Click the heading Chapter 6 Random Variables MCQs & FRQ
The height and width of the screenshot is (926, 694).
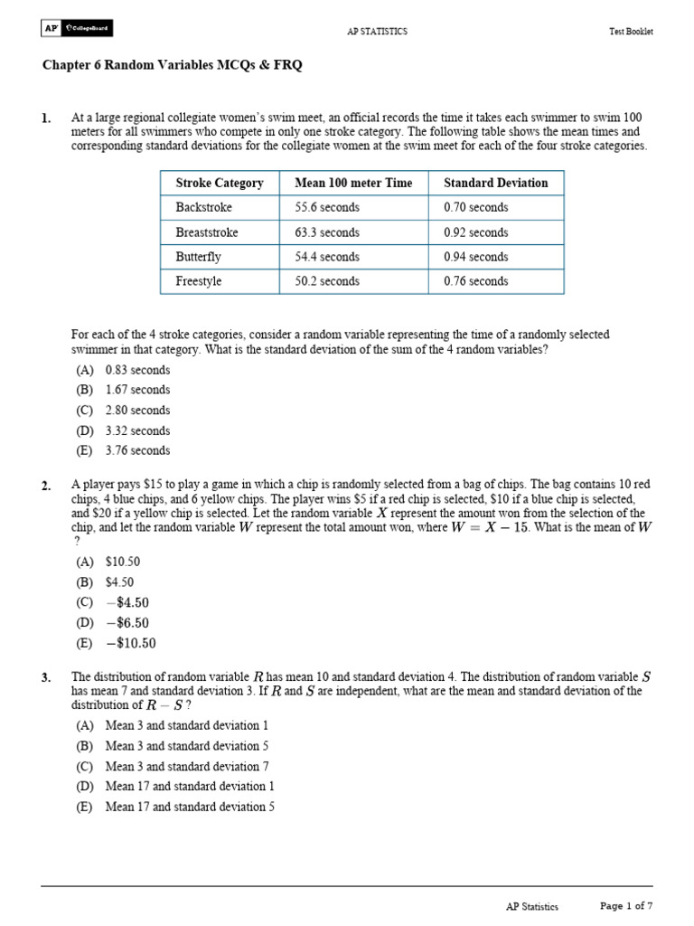pyautogui.click(x=173, y=65)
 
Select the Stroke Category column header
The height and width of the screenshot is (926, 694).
pyautogui.click(x=220, y=183)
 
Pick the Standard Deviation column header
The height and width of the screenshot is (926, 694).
pyautogui.click(x=495, y=183)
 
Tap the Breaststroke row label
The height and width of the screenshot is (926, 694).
pyautogui.click(x=207, y=232)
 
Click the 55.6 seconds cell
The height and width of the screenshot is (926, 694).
pyautogui.click(x=326, y=207)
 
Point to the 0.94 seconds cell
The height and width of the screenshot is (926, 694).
pyautogui.click(x=476, y=257)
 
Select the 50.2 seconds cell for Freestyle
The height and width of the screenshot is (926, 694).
pyautogui.click(x=326, y=281)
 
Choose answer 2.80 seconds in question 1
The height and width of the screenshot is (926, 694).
pyautogui.click(x=137, y=411)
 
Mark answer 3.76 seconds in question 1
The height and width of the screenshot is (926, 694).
pyautogui.click(x=137, y=450)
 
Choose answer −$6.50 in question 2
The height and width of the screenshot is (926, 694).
pyautogui.click(x=127, y=623)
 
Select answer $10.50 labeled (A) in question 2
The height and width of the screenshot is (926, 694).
pyautogui.click(x=123, y=562)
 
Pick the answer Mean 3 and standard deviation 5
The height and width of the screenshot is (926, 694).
pyautogui.click(x=187, y=746)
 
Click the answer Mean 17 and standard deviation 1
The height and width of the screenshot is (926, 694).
pyautogui.click(x=190, y=787)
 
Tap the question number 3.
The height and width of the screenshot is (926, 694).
pyautogui.click(x=46, y=676)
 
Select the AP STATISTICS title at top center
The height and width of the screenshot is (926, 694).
pyautogui.click(x=377, y=32)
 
